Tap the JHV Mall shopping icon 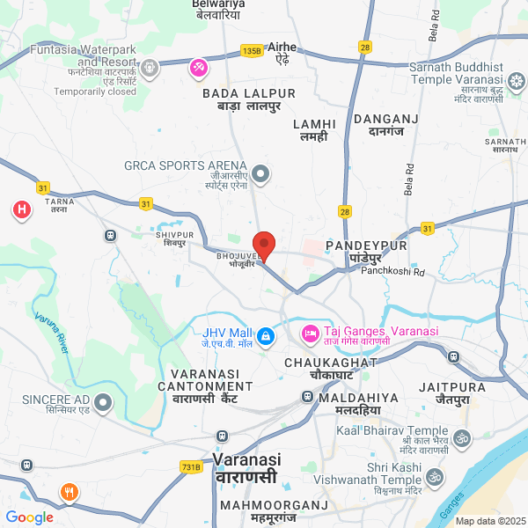click(x=264, y=335)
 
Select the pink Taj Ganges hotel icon click(x=309, y=334)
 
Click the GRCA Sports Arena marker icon click(x=260, y=172)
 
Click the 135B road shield click(x=252, y=52)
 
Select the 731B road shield click(x=191, y=466)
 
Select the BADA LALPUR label click(x=249, y=93)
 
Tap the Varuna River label click(x=51, y=331)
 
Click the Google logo click(x=29, y=517)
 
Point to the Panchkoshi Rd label click(x=392, y=273)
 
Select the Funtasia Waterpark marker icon click(x=151, y=66)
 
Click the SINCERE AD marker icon click(x=104, y=404)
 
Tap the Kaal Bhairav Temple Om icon click(x=461, y=436)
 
